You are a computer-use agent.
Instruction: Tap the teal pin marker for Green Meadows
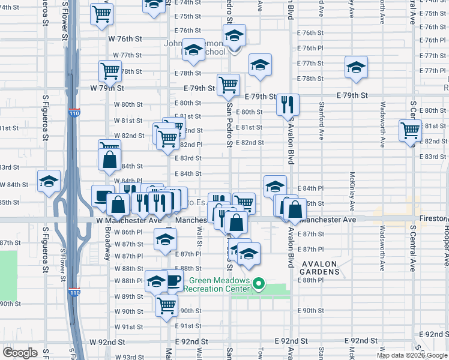click(x=259, y=284)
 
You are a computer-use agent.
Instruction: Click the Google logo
click(x=20, y=353)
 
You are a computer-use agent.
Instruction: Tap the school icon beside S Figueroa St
click(x=49, y=182)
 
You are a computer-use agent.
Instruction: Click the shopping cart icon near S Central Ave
click(x=410, y=130)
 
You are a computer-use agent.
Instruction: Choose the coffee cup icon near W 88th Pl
click(x=173, y=280)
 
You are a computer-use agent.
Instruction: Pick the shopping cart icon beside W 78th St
click(x=110, y=71)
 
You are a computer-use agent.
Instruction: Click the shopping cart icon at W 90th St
click(x=166, y=304)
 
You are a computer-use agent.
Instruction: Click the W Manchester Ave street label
click(x=129, y=220)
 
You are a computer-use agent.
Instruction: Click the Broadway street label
click(x=107, y=243)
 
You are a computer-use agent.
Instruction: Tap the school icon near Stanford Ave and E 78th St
click(x=356, y=67)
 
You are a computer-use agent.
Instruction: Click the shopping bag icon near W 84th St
click(x=110, y=160)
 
